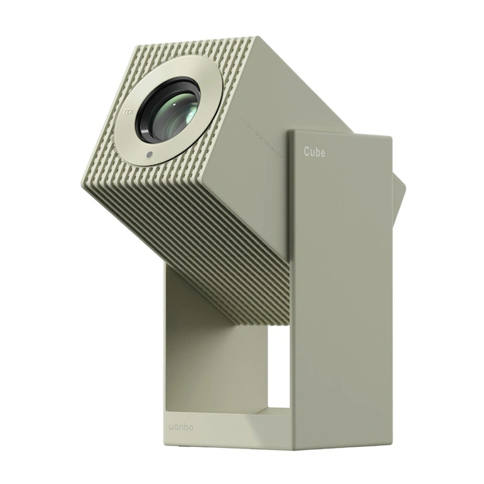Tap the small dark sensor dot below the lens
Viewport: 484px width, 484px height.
point(149,154)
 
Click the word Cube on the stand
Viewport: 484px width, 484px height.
point(314,151)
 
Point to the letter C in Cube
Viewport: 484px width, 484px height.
point(307,151)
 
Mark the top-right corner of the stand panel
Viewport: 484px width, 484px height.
point(391,137)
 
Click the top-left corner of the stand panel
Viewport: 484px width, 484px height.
point(290,129)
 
